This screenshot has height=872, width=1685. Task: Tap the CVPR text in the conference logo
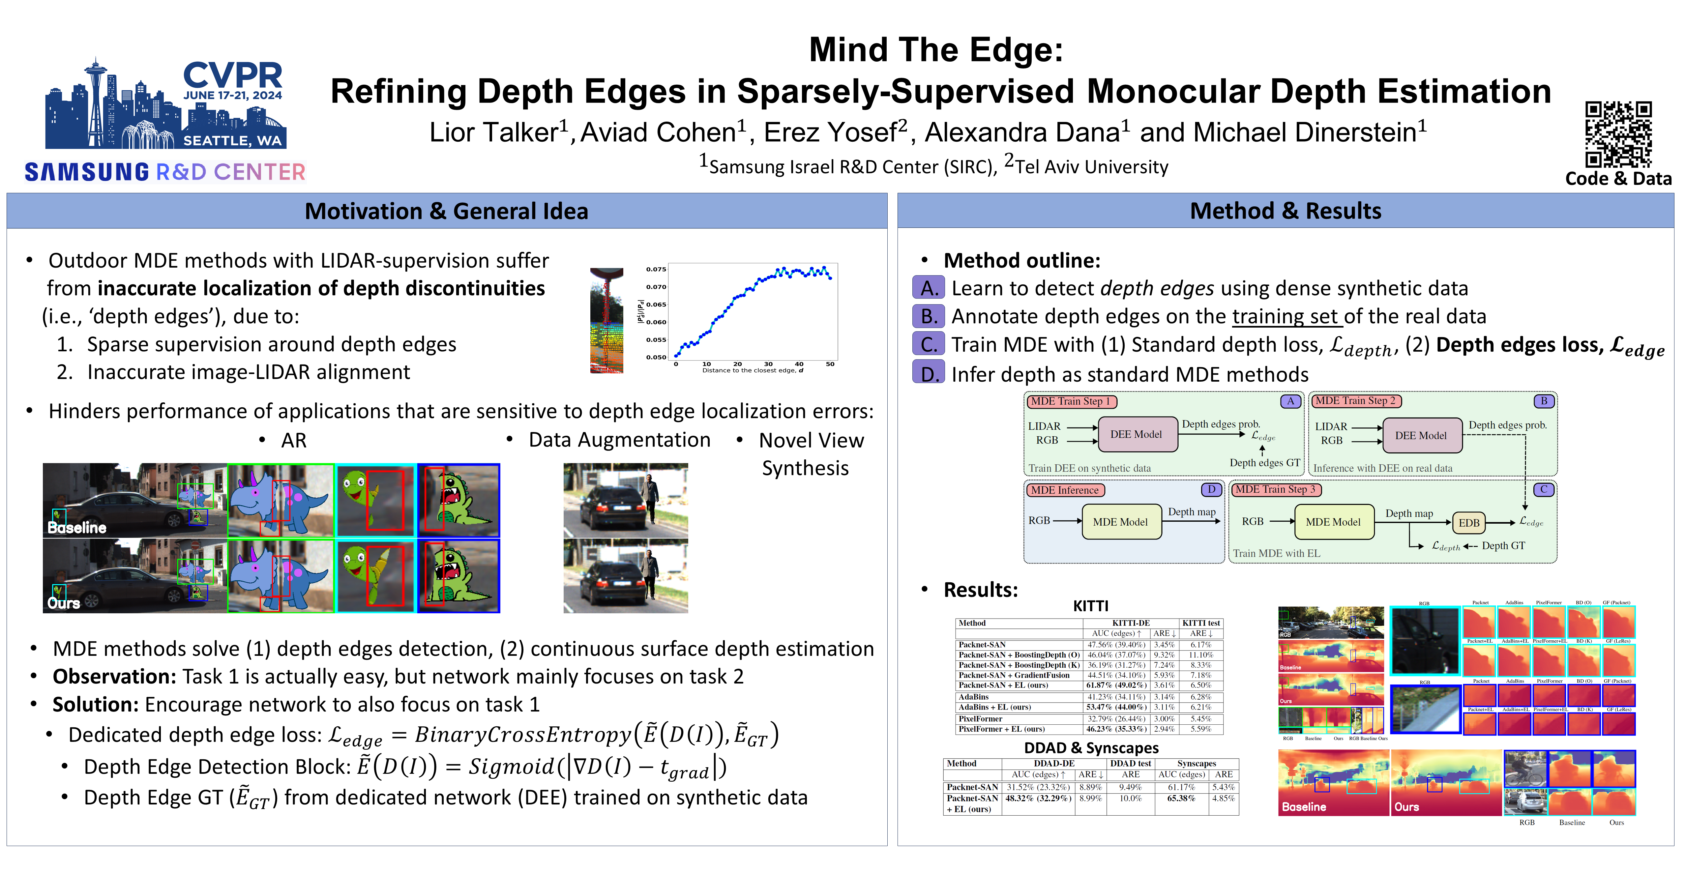[x=233, y=75]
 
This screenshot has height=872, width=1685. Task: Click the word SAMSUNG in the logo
[x=87, y=172]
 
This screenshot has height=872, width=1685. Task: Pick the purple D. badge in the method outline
[x=928, y=373]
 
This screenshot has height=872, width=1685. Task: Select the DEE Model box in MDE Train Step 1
[x=1136, y=434]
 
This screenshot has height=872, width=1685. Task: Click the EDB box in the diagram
[x=1468, y=523]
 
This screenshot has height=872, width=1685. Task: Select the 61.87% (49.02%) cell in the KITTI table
[x=1116, y=685]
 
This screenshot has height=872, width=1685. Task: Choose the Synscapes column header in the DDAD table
[x=1197, y=763]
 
